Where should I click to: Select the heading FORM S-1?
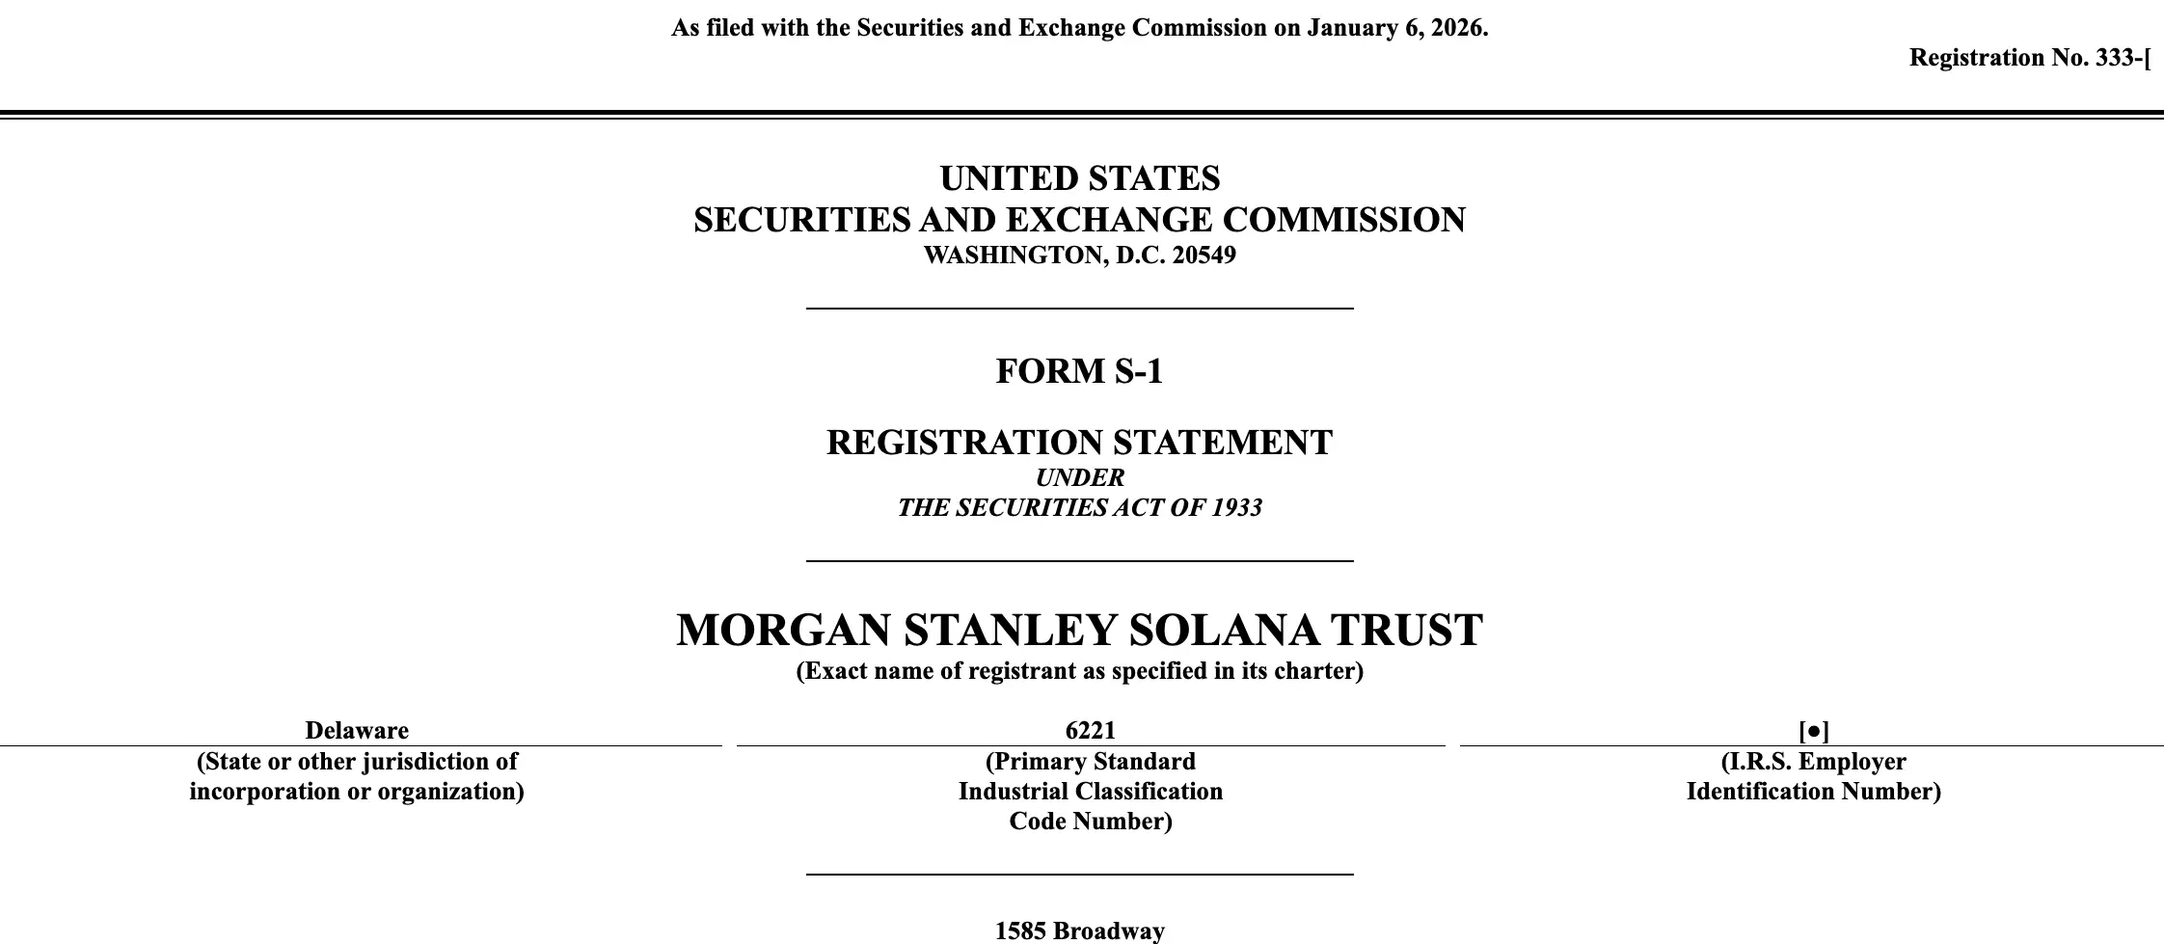pos(1079,371)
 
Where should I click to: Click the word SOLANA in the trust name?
pos(1223,631)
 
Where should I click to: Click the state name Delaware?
pos(357,730)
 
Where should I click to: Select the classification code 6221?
pos(1090,730)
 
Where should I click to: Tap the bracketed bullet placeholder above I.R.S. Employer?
pos(1813,731)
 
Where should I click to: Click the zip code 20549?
pos(1204,256)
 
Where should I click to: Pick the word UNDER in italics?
pos(1079,477)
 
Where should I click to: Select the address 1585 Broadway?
pos(1079,931)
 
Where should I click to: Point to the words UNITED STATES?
pos(1079,178)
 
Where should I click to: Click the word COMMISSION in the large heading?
pos(1343,220)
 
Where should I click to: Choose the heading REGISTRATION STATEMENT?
pos(1079,443)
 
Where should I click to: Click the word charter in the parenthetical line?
pos(1321,671)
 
